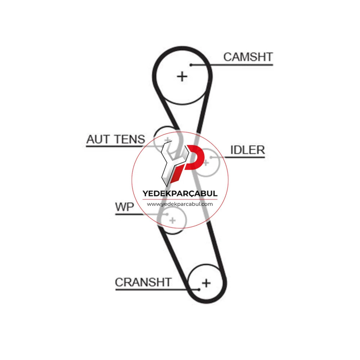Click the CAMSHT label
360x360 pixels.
click(x=248, y=57)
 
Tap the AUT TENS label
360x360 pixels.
click(x=116, y=139)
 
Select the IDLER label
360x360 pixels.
click(x=248, y=150)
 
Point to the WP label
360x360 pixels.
click(x=125, y=207)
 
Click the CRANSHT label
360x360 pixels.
click(x=143, y=282)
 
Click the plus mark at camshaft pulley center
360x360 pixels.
click(x=182, y=76)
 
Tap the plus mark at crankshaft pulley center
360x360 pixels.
click(x=206, y=283)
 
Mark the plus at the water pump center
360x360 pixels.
click(x=172, y=220)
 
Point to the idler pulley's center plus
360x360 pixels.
click(x=206, y=163)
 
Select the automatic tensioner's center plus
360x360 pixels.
click(x=167, y=140)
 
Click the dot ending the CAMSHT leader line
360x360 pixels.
click(x=191, y=65)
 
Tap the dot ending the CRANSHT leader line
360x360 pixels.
click(x=199, y=289)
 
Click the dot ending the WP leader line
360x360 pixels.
click(x=167, y=215)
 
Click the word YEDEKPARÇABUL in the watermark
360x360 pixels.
click(x=180, y=194)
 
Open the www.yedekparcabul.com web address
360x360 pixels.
click(x=180, y=204)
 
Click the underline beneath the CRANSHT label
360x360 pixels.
click(x=157, y=289)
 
